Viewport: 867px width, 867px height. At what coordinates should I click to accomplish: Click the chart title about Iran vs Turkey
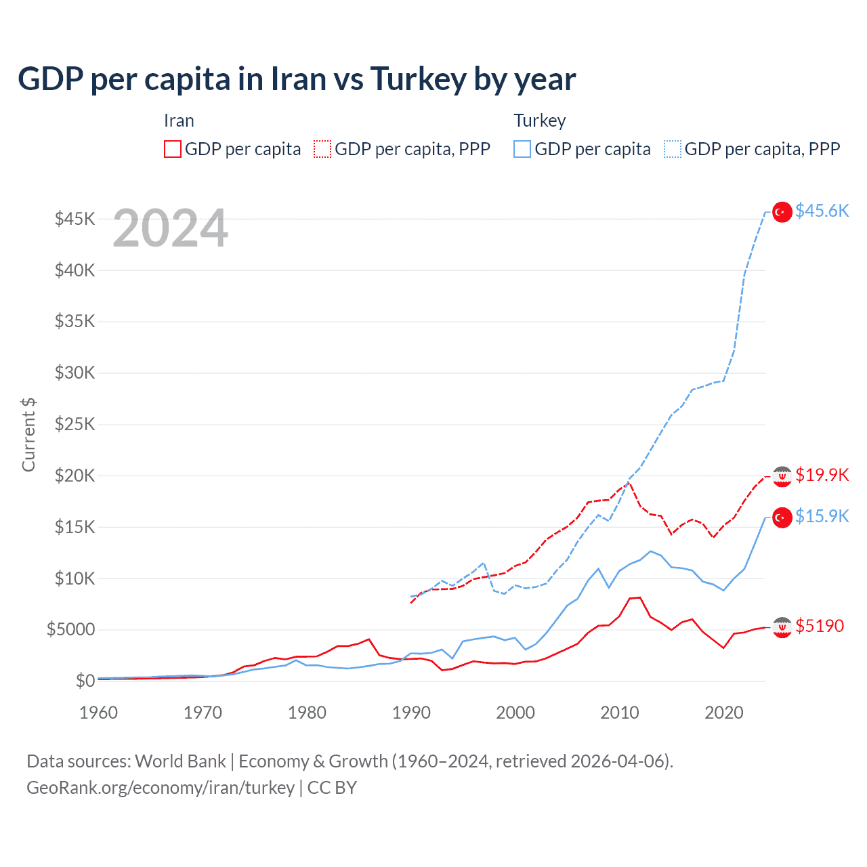(297, 79)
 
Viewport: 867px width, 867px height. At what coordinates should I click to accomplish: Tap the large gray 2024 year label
(170, 228)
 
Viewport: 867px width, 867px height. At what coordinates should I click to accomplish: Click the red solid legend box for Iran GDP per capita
(173, 149)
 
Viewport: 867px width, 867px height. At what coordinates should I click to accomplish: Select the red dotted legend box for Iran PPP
(322, 149)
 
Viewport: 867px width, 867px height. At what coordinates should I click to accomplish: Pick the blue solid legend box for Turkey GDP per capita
(522, 149)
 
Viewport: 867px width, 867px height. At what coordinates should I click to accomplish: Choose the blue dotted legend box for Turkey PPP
(673, 149)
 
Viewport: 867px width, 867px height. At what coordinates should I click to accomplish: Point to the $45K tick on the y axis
(75, 219)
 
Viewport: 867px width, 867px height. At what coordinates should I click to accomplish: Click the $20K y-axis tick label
(75, 475)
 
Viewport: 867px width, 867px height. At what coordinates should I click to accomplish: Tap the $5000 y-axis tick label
(70, 630)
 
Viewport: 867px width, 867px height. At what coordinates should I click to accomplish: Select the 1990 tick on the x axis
(411, 713)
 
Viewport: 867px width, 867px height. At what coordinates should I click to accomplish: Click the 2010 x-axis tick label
(620, 713)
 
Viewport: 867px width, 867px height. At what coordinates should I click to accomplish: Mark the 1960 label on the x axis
(99, 713)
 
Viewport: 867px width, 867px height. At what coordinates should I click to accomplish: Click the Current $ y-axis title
(28, 435)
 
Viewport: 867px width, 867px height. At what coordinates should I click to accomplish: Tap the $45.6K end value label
(822, 211)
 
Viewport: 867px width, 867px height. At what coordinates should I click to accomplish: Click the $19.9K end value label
(822, 475)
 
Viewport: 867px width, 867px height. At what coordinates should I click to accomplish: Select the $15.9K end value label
(822, 517)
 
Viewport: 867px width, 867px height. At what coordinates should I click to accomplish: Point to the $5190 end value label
(820, 626)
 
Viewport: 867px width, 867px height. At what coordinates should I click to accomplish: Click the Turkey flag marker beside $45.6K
(782, 212)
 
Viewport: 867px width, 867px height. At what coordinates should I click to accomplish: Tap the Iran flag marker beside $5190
(782, 627)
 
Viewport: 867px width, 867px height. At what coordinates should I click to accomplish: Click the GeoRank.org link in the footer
(161, 788)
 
